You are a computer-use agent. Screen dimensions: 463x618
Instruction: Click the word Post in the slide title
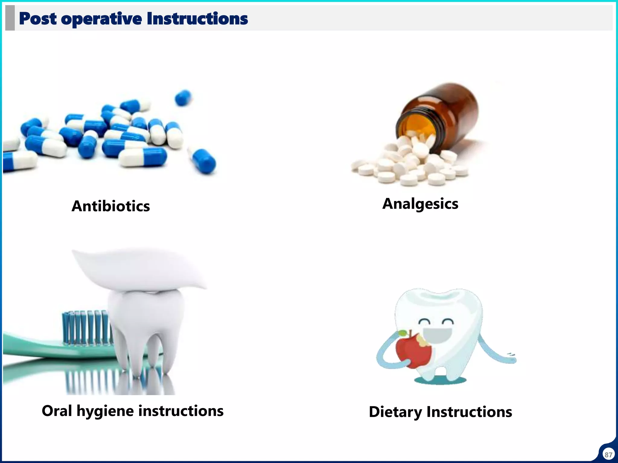click(37, 19)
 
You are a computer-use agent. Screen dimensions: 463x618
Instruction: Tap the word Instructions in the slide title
click(197, 19)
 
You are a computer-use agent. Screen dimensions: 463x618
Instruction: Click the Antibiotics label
click(111, 206)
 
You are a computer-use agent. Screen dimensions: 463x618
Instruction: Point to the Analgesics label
click(420, 204)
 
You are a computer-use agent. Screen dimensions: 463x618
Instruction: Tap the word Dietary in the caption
click(395, 412)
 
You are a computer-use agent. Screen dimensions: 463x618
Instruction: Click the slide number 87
click(608, 455)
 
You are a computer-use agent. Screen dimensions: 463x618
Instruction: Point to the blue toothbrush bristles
click(84, 327)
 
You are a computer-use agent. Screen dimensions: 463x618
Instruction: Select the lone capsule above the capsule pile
click(183, 97)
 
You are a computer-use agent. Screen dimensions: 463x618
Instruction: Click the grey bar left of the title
click(10, 18)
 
